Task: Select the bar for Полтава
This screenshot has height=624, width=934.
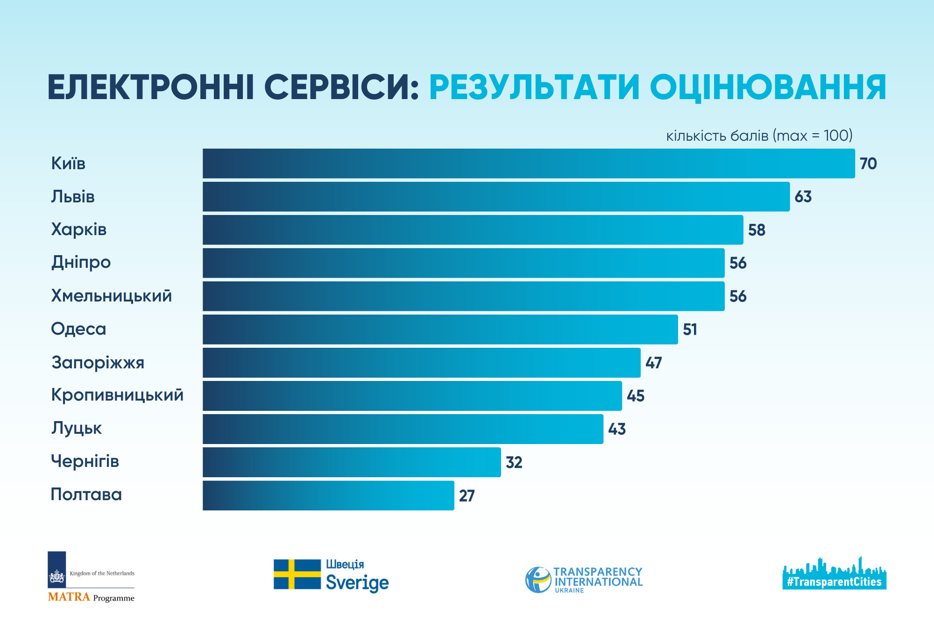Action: pyautogui.click(x=328, y=495)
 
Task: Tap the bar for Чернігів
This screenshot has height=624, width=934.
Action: pyautogui.click(x=351, y=462)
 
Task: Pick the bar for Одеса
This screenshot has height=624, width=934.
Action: pyautogui.click(x=440, y=330)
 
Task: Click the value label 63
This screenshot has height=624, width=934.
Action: pyautogui.click(x=803, y=197)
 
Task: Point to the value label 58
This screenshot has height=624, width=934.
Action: pyautogui.click(x=757, y=230)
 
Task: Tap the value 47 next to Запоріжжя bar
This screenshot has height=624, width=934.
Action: pyautogui.click(x=654, y=363)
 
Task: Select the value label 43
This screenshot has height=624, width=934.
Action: pyautogui.click(x=617, y=429)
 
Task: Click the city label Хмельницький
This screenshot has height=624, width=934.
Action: pyautogui.click(x=111, y=296)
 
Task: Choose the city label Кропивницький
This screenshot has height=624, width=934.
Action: pyautogui.click(x=117, y=395)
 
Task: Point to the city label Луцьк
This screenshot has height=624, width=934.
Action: pyautogui.click(x=77, y=428)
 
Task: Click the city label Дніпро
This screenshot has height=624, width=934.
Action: pyautogui.click(x=81, y=262)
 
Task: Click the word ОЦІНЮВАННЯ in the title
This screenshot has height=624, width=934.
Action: pyautogui.click(x=768, y=87)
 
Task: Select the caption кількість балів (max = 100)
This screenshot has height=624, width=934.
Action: pyautogui.click(x=759, y=136)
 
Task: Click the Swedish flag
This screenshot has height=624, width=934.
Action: pyautogui.click(x=297, y=574)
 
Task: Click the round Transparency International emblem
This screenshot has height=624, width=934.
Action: pyautogui.click(x=538, y=580)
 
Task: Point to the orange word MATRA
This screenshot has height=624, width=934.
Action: pyautogui.click(x=69, y=597)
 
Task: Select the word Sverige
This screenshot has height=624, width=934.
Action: pyautogui.click(x=357, y=583)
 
